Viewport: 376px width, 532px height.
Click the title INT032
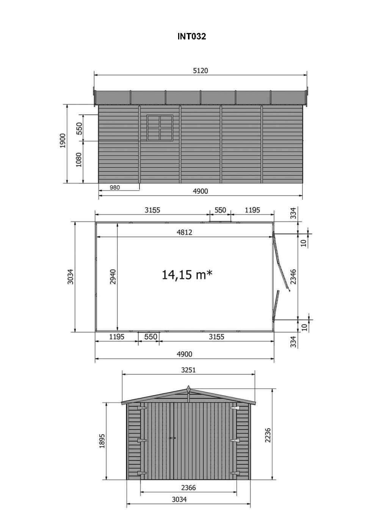pyautogui.click(x=191, y=36)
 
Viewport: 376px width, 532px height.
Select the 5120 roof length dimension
pyautogui.click(x=201, y=71)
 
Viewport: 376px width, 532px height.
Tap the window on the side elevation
pyautogui.click(x=160, y=128)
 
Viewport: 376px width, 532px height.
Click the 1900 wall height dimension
pyautogui.click(x=63, y=141)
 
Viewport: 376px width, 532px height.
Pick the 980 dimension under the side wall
pyautogui.click(x=115, y=187)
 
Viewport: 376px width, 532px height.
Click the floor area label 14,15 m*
pyautogui.click(x=187, y=275)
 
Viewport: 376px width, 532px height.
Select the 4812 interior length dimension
pyautogui.click(x=185, y=232)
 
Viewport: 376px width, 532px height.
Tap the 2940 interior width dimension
pyautogui.click(x=113, y=277)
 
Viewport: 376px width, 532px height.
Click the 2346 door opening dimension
pyautogui.click(x=293, y=277)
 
